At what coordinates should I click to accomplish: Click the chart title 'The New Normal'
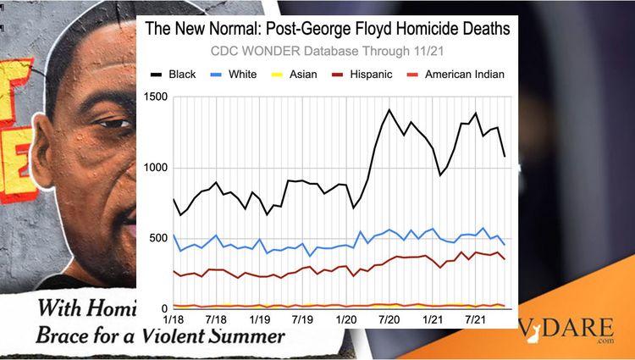(x=328, y=29)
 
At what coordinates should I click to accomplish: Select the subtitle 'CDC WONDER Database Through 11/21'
(x=328, y=52)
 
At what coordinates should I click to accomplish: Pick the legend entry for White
(x=245, y=75)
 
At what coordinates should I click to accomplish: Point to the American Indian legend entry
(x=465, y=75)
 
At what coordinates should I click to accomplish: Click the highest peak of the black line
(x=389, y=109)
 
